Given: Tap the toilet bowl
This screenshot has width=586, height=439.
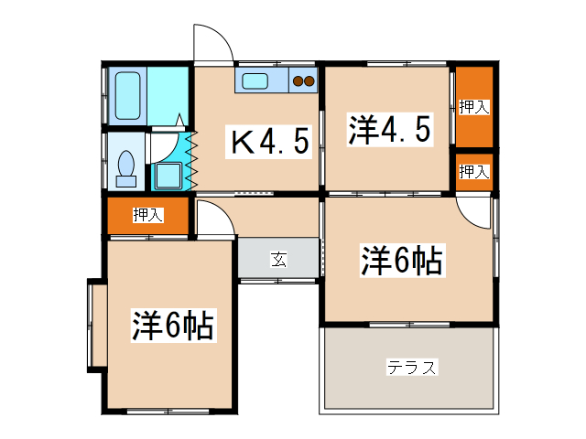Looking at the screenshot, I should [126, 166].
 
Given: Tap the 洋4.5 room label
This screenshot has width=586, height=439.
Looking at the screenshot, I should [388, 130].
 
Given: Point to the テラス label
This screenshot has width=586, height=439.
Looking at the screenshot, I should [411, 368].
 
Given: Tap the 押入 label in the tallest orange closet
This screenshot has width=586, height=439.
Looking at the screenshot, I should [473, 107].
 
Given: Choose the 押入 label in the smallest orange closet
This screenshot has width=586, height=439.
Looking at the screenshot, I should [473, 171].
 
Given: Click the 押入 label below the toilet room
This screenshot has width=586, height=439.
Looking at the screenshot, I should [147, 216].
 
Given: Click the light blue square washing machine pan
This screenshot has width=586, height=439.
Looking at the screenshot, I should [168, 176].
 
